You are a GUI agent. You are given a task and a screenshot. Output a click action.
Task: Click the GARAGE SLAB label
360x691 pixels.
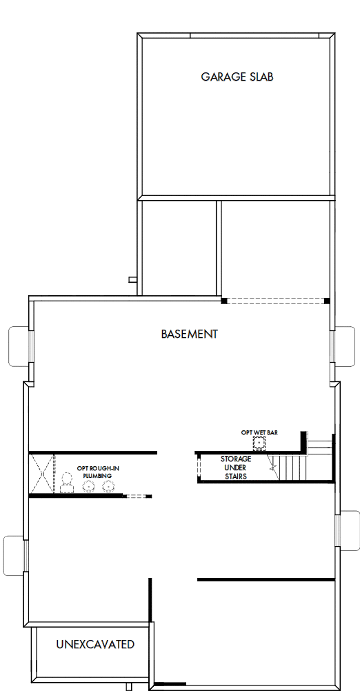click(x=237, y=77)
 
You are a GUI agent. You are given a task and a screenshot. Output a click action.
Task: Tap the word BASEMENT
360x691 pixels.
click(x=189, y=334)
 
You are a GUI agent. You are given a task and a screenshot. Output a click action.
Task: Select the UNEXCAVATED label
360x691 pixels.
click(x=94, y=645)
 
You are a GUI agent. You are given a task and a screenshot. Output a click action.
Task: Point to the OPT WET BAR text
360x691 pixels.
click(x=259, y=432)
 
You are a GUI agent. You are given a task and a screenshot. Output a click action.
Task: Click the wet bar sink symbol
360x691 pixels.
click(x=261, y=444)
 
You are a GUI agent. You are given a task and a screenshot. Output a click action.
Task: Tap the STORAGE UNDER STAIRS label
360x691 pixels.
click(x=235, y=468)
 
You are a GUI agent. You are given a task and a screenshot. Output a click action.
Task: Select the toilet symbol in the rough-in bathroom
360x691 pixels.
click(x=67, y=481)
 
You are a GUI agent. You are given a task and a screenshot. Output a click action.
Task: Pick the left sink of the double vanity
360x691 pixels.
click(x=89, y=486)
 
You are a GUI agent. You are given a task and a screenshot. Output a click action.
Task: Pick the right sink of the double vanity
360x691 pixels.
click(x=108, y=486)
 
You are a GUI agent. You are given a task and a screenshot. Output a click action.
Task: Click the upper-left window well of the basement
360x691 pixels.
click(x=18, y=345)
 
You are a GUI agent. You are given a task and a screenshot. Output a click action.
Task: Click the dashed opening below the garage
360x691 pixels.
click(x=276, y=301)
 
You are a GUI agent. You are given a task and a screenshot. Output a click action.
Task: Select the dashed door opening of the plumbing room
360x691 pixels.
click(x=137, y=496)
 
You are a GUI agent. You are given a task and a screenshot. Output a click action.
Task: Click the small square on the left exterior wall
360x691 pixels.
click(x=132, y=279)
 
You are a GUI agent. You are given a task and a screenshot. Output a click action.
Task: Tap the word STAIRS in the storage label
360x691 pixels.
click(x=235, y=476)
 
